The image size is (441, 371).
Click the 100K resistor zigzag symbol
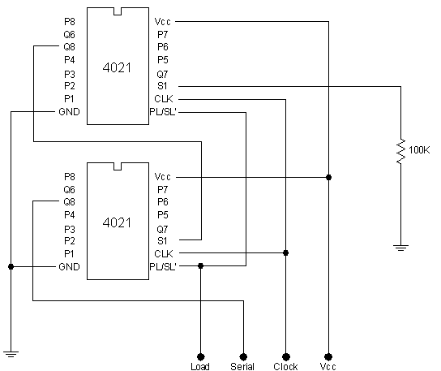pos(401,151)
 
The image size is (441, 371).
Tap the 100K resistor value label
pos(419,150)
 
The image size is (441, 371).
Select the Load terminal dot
pos(200,357)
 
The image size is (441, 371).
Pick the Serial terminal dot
pos(243,357)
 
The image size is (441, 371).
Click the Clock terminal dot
pos(285,357)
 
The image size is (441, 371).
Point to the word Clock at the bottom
pos(285,366)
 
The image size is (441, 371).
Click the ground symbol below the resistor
pos(400,248)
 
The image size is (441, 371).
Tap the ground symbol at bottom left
pos(11,354)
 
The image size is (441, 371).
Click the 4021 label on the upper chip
pos(117,68)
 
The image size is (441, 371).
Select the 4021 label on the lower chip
pos(117,222)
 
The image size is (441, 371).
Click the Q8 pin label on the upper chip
pos(69,47)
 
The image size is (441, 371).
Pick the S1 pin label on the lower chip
pos(162,241)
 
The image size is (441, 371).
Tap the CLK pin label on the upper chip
pos(164,99)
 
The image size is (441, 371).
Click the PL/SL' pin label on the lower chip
pos(163,266)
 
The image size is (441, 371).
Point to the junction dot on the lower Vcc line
pos(328,177)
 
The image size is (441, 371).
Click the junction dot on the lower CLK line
pos(285,252)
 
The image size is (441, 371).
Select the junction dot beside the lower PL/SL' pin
pos(200,265)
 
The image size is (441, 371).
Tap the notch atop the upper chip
pos(118,11)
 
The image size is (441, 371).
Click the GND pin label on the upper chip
pos(69,112)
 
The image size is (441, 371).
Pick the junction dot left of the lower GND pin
pos(11,266)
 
